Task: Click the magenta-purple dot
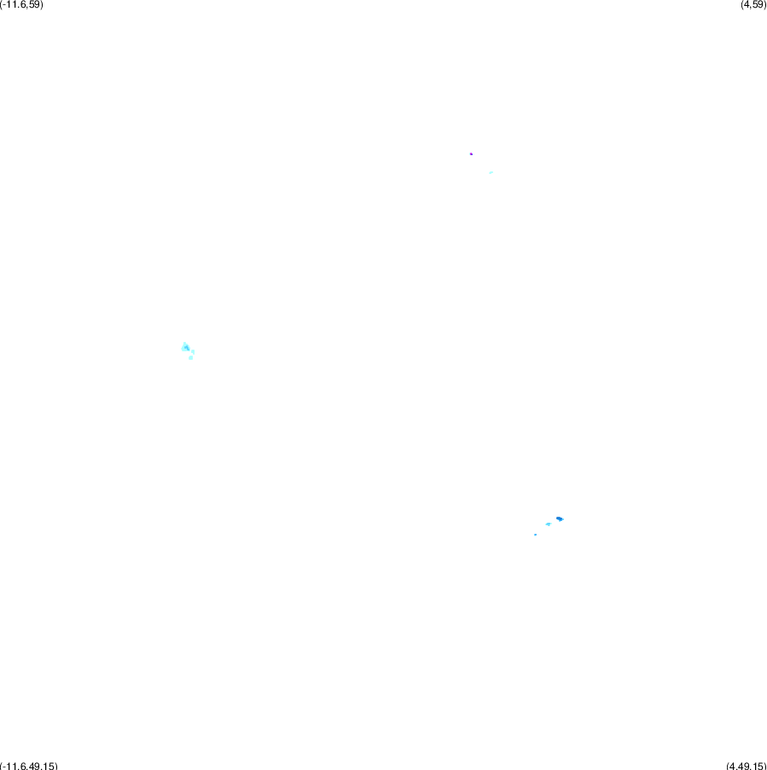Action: point(471,153)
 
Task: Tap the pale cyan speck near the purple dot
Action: point(491,172)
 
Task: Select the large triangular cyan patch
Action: point(185,347)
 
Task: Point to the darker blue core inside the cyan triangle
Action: point(186,348)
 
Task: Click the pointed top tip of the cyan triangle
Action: point(185,342)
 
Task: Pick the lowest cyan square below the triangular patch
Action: point(190,357)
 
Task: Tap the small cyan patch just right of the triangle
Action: point(193,351)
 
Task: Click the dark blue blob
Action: point(559,518)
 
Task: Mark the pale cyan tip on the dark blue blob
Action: point(562,519)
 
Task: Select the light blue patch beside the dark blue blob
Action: point(548,524)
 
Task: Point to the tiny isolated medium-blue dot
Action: point(535,535)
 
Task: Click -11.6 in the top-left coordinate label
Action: point(13,4)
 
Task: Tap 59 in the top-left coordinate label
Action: point(32,4)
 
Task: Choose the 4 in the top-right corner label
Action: point(747,4)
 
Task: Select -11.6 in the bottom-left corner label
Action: point(13,766)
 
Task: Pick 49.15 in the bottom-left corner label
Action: point(40,766)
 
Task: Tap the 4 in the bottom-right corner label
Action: point(733,766)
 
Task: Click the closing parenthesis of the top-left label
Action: point(41,4)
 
